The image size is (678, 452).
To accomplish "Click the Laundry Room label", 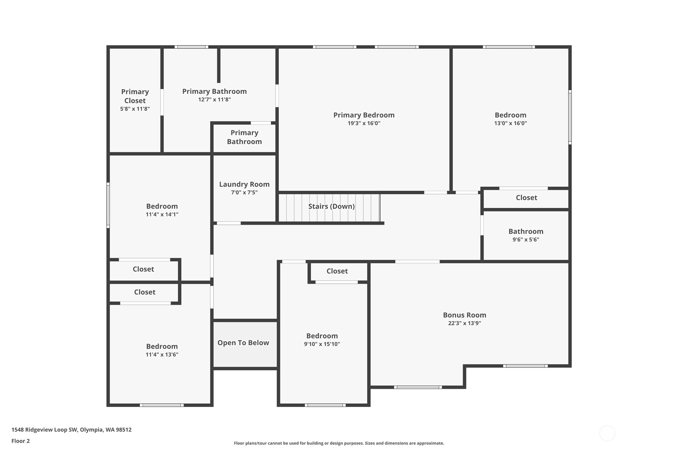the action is (244, 184).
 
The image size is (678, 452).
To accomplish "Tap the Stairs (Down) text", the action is (332, 207).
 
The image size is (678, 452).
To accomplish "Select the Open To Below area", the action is (245, 344).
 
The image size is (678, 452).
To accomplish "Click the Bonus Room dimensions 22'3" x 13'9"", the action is (465, 323).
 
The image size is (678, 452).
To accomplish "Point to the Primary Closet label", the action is (135, 96).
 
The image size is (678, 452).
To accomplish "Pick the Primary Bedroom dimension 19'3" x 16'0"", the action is (364, 123).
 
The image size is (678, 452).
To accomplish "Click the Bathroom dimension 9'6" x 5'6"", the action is (526, 239).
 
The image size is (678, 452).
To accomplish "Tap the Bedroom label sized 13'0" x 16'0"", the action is (510, 115).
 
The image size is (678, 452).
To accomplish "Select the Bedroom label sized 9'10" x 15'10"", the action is (322, 336).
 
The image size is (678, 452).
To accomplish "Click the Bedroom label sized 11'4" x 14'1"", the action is (162, 206).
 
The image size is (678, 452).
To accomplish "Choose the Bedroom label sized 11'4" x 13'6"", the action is (162, 346).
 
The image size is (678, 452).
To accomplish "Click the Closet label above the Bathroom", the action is (526, 198).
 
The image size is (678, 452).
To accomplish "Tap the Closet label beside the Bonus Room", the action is (337, 271).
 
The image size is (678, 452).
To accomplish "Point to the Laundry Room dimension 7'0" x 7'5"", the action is (244, 193).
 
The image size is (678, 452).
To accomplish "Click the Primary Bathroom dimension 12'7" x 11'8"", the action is (214, 100).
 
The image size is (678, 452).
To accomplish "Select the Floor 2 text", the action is (21, 441).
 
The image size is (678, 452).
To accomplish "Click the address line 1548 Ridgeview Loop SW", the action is (72, 430).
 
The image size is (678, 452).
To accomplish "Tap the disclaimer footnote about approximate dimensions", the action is (339, 443).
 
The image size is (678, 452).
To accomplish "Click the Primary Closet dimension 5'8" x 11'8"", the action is (135, 109).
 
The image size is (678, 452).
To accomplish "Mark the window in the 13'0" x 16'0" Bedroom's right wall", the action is (570, 117).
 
